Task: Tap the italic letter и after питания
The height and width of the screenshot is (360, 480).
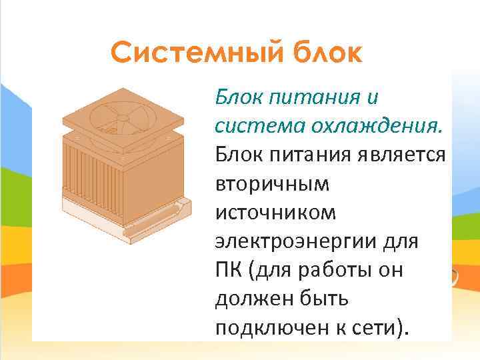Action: click(372, 97)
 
